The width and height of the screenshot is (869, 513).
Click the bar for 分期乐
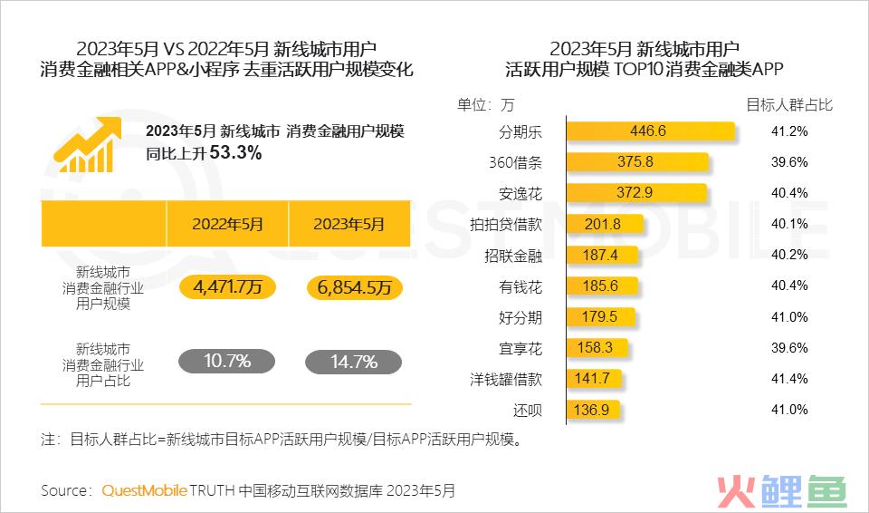648,131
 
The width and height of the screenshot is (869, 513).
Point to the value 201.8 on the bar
604,224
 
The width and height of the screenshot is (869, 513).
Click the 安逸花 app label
520,193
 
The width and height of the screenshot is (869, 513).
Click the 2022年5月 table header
227,224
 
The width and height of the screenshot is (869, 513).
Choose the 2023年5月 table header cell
349,224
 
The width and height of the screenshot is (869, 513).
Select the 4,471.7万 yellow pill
227,288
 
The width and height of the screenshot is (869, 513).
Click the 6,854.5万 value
354,288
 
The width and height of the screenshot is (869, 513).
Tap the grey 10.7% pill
227,362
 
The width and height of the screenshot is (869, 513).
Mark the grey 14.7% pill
354,362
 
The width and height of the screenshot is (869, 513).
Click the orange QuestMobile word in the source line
144,490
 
